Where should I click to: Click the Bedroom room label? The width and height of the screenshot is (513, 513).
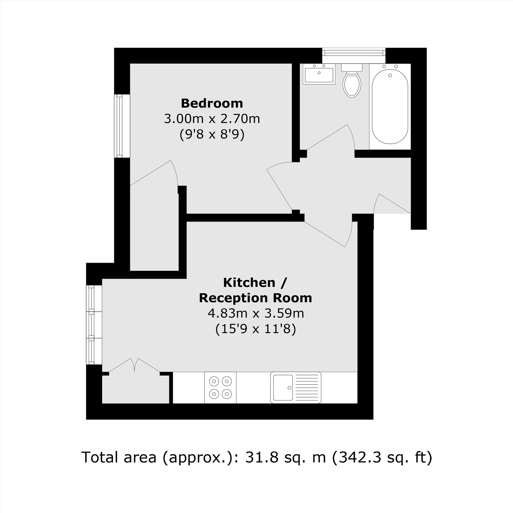coord(212,103)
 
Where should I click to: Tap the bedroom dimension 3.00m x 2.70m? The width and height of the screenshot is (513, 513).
coord(212,119)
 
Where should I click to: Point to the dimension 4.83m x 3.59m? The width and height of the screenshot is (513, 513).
coord(256,314)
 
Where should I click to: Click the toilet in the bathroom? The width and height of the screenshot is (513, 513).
coord(352,81)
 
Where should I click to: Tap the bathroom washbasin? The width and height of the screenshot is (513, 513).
coord(319,74)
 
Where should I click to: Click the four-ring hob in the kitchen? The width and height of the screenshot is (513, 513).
coord(220,387)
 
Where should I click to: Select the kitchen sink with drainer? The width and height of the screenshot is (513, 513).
coord(295,387)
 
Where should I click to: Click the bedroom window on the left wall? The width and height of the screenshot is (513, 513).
coord(122,126)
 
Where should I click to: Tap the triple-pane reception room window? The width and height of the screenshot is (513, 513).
coord(94,325)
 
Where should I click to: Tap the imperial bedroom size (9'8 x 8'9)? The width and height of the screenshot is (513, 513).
coord(212,134)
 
